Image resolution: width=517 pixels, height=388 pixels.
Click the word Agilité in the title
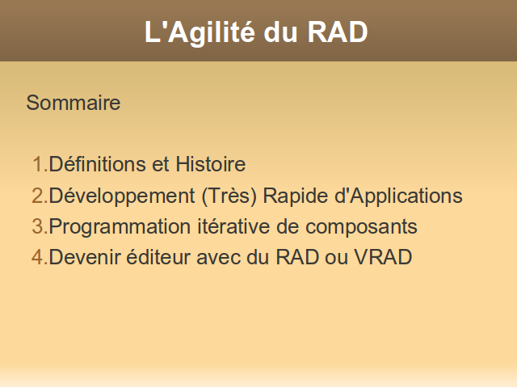click(x=212, y=33)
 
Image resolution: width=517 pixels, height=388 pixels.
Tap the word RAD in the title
click(x=338, y=32)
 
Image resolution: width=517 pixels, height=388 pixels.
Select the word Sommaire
click(x=74, y=103)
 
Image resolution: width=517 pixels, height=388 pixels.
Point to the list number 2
click(x=40, y=196)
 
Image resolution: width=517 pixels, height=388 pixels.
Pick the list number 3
click(x=40, y=226)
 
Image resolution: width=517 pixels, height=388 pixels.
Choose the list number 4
click(x=40, y=257)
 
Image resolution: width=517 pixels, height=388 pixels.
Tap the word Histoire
click(x=210, y=164)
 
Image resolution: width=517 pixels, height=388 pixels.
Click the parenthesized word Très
click(x=229, y=196)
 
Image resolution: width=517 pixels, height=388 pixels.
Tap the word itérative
click(x=233, y=226)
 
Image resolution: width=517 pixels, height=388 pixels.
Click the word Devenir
click(x=85, y=257)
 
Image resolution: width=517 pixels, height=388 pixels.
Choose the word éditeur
click(x=158, y=257)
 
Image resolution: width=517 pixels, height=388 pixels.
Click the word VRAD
click(x=383, y=257)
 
